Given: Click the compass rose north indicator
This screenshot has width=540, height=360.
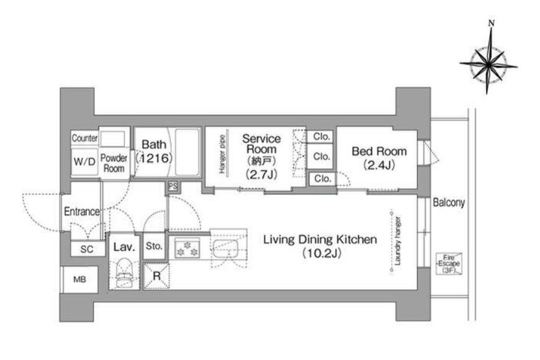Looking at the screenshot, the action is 492,24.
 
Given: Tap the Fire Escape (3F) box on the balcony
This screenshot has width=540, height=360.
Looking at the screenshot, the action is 449,264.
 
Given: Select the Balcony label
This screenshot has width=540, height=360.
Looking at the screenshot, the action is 449,202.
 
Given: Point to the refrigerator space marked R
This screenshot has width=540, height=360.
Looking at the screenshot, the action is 156,276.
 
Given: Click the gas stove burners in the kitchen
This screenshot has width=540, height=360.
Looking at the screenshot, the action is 187,249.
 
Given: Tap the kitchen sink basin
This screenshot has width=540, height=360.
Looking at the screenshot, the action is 225,248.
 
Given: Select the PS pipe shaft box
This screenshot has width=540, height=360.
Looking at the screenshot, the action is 173,186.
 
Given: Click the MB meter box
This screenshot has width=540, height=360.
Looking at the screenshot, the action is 79,279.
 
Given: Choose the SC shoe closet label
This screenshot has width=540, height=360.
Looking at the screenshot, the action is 87,249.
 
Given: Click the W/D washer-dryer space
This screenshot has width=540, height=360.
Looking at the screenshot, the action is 84,161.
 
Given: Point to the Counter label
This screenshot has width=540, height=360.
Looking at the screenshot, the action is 84,138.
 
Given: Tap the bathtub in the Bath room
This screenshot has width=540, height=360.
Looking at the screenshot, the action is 187,153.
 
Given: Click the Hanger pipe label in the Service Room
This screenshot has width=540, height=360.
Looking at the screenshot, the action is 222,154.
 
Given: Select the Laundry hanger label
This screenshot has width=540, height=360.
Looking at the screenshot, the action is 398,241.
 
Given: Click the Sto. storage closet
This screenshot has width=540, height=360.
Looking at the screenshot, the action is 154,246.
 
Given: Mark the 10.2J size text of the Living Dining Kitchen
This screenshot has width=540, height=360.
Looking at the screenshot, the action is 322,253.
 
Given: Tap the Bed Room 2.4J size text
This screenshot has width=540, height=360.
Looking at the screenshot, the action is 379,165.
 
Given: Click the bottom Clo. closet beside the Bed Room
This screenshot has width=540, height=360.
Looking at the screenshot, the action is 322,179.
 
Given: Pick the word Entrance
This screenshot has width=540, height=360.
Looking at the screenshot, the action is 81,211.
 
